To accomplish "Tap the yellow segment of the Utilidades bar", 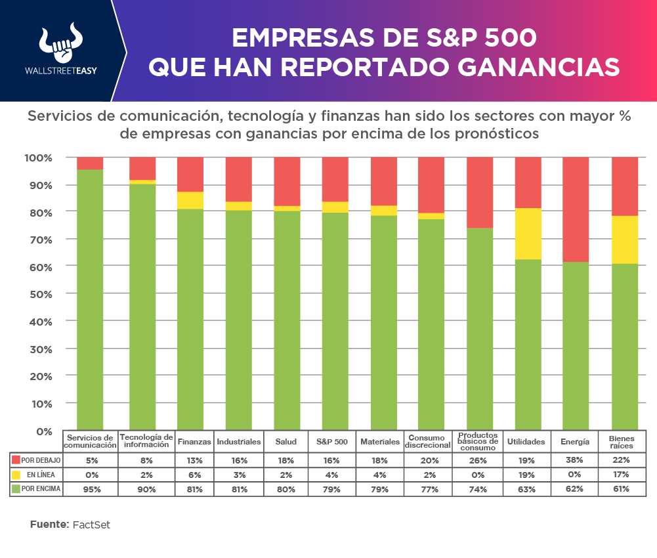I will click(528, 234).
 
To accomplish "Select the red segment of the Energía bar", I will click(576, 209).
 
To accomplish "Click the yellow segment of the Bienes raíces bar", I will click(624, 240).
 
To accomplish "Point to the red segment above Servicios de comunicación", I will click(90, 163).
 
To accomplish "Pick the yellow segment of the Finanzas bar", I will click(190, 200).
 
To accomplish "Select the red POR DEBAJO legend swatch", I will click(16, 460).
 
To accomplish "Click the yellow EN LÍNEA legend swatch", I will click(16, 474).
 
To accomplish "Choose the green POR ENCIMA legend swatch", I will click(16, 488).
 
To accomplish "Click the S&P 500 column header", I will click(331, 442).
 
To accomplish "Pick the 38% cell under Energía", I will click(575, 460).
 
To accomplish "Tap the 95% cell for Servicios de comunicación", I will click(90, 488).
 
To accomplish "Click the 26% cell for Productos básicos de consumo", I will click(478, 460).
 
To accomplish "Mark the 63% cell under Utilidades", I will click(526, 488).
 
